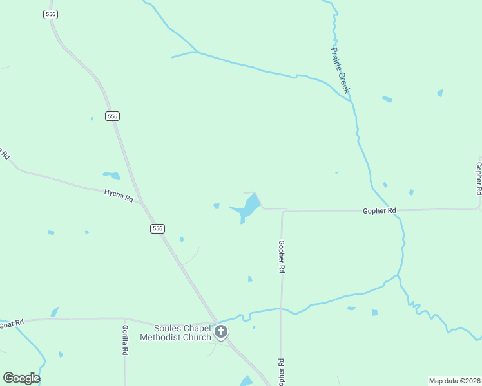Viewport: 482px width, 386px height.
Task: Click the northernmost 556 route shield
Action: tap(51, 14)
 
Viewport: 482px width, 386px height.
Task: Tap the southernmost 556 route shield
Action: tap(158, 228)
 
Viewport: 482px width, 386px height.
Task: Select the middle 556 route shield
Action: tap(113, 116)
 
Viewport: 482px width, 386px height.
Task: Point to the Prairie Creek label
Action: tap(340, 69)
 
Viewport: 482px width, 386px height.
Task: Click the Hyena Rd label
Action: tap(119, 196)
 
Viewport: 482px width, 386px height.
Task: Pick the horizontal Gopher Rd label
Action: tap(379, 210)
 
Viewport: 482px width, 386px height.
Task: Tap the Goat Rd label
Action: tap(12, 322)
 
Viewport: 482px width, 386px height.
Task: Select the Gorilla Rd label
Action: tap(126, 340)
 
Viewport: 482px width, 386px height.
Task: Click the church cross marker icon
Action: tap(220, 332)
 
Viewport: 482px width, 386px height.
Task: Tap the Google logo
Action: tap(21, 378)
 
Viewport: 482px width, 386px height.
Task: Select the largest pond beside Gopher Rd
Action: tap(249, 207)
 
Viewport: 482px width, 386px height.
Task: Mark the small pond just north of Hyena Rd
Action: tap(114, 175)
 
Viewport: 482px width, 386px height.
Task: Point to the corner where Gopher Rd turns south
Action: tap(282, 211)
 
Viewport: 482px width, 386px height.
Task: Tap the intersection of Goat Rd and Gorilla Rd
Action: tap(125, 318)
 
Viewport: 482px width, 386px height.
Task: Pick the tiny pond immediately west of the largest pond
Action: tap(217, 206)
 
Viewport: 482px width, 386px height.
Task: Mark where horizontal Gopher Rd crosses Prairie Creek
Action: tap(398, 210)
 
